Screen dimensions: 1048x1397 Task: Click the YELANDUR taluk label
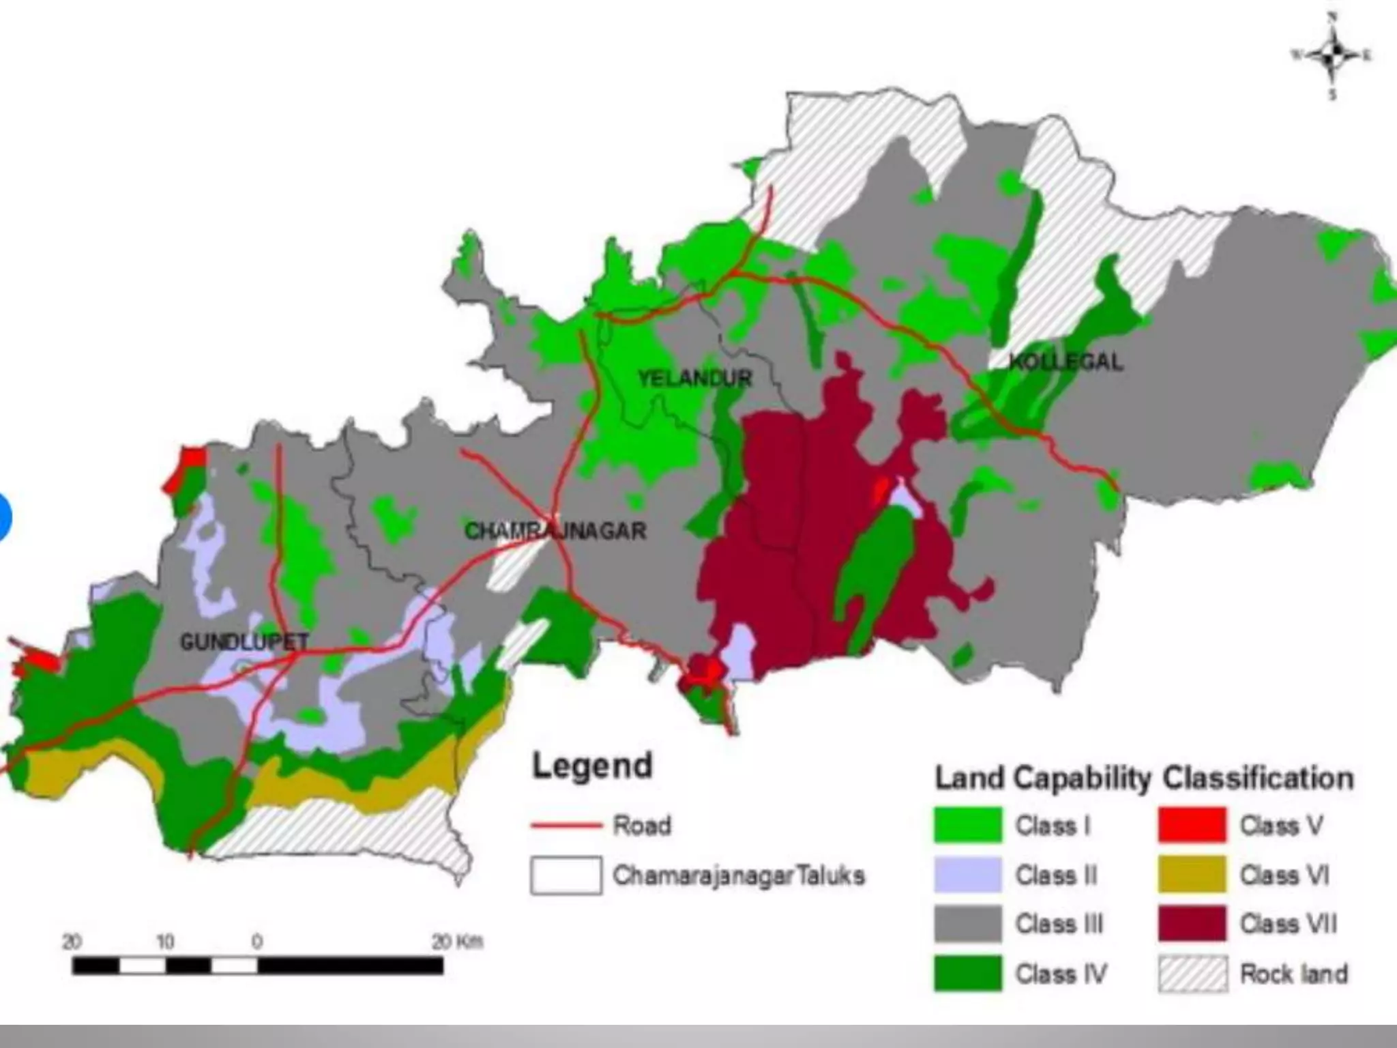(694, 379)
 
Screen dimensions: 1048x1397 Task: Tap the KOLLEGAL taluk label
(1065, 362)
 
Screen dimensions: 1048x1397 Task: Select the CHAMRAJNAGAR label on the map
(555, 531)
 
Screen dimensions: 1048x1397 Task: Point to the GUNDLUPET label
(244, 642)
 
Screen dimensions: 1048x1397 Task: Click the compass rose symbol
(1332, 55)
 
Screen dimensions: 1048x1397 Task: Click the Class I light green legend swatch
(968, 825)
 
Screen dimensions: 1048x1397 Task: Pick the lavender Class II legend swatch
(968, 875)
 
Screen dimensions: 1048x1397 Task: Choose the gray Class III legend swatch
(968, 924)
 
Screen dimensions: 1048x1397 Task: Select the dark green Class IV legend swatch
(968, 974)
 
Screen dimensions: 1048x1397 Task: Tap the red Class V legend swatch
(1192, 825)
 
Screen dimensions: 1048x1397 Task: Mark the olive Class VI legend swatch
(1192, 875)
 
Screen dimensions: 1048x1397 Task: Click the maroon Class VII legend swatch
(1192, 924)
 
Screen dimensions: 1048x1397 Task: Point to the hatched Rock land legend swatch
(1192, 974)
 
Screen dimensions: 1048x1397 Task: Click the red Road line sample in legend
(566, 826)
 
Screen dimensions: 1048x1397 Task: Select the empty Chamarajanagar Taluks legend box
(566, 875)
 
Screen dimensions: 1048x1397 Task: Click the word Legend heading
(592, 766)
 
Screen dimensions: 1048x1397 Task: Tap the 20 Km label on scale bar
(457, 942)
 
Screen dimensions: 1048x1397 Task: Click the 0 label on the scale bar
(257, 942)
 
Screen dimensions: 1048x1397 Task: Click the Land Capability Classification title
(1144, 778)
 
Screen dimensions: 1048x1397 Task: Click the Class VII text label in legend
(1288, 924)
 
